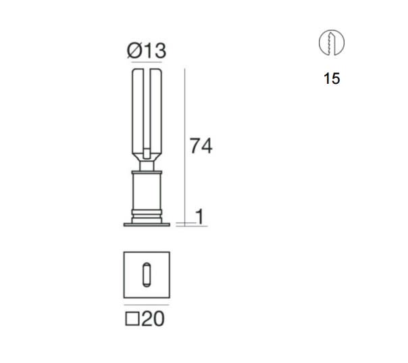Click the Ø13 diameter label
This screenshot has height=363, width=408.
point(147,51)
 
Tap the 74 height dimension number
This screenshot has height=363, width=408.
point(201,146)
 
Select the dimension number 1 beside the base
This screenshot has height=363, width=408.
point(200,217)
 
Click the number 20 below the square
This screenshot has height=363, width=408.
point(153,318)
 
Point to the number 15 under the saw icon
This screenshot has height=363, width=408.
point(332,78)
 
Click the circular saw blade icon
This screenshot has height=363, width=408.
point(332,43)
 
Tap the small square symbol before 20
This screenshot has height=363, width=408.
point(132,319)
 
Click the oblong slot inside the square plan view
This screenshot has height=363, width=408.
point(147,274)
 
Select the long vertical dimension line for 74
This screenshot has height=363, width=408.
point(184,147)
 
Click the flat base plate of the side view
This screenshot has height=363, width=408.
point(147,224)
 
